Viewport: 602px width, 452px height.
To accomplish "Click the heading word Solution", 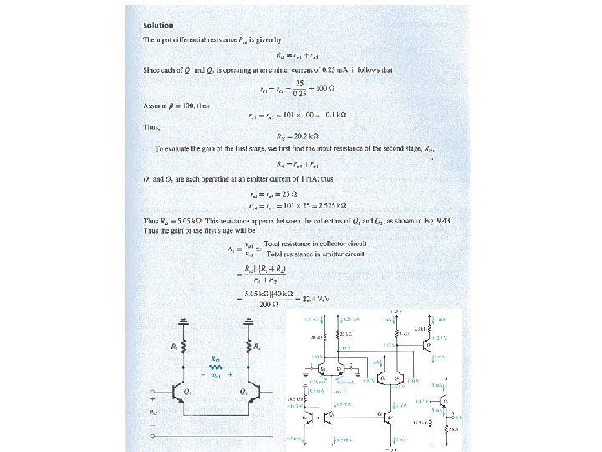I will click(x=158, y=26).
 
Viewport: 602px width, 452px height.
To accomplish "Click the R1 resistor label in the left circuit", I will click(x=173, y=345).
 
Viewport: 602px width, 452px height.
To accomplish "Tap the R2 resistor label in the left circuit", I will click(x=259, y=345).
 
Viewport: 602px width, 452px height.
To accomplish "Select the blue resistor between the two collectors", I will click(x=215, y=366).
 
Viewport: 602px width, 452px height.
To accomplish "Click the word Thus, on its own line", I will click(x=151, y=128).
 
